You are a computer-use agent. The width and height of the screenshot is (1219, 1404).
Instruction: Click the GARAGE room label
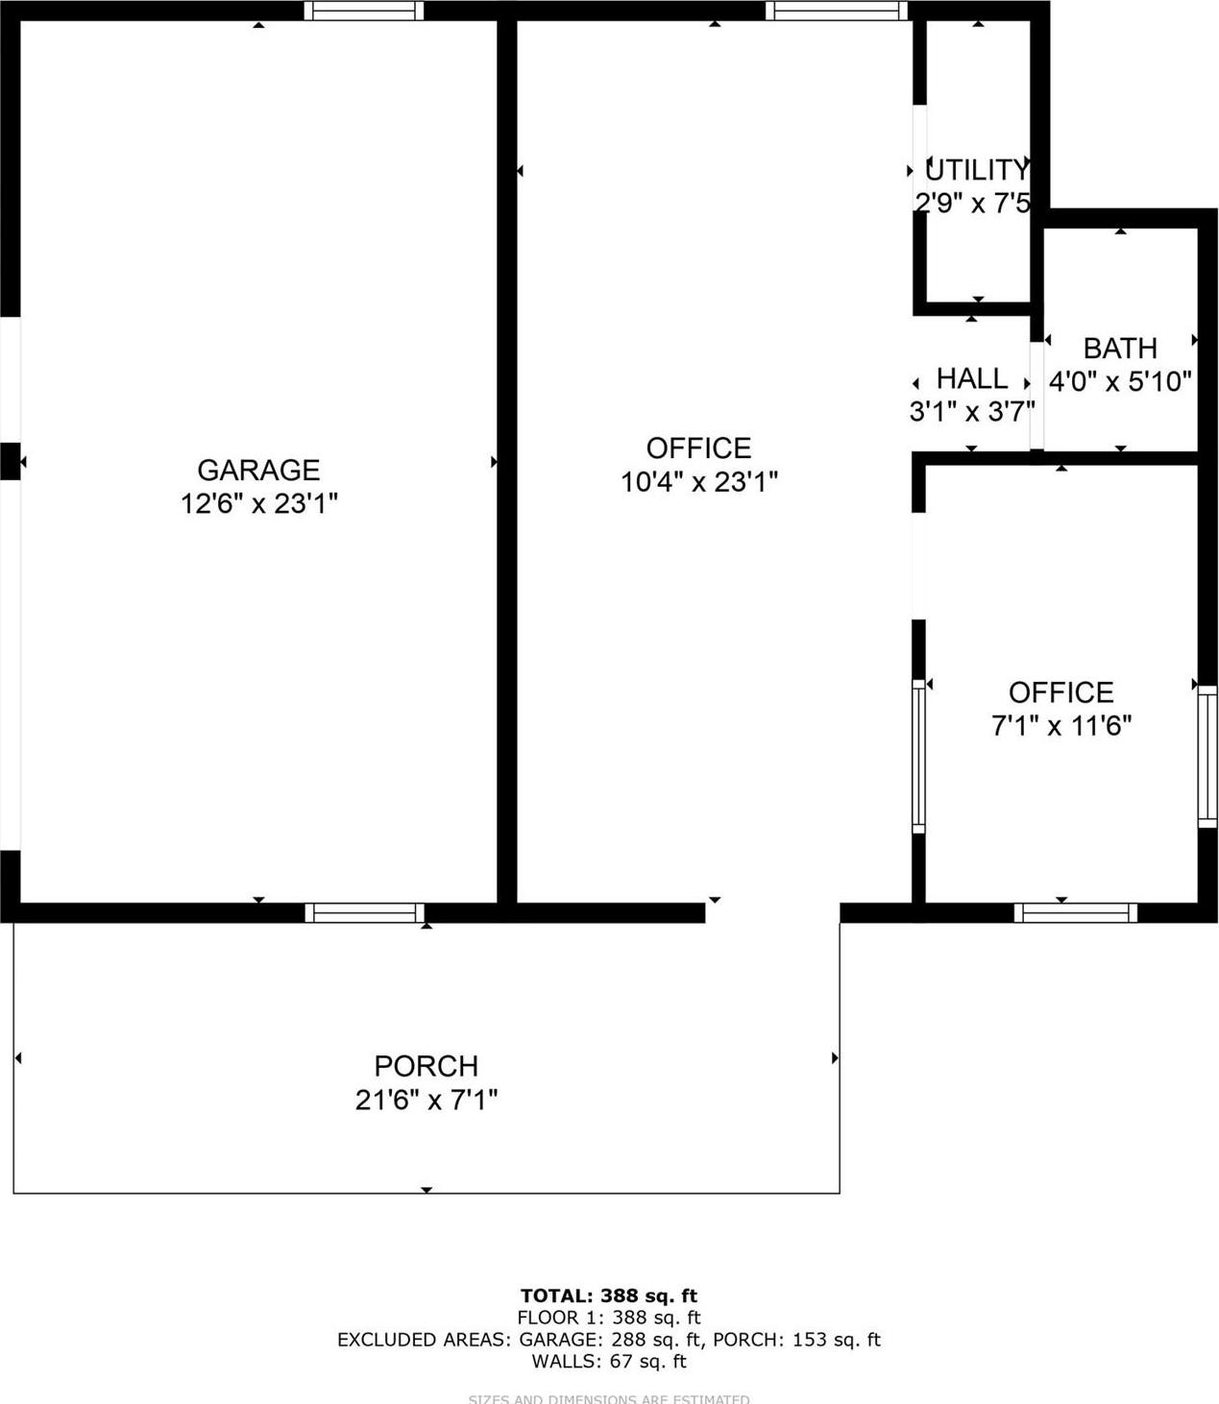257,470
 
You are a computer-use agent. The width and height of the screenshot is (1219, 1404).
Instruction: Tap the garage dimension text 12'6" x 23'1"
258,502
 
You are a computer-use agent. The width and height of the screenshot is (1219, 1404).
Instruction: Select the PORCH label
426,1066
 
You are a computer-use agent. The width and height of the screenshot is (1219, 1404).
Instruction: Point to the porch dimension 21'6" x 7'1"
426,1100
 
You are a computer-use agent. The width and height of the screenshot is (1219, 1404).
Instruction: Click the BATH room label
1120,348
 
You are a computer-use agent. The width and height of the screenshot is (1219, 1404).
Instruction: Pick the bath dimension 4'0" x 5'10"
1120,381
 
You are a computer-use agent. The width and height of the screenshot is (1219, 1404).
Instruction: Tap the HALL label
972,377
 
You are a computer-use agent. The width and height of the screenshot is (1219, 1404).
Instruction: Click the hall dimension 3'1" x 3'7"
972,411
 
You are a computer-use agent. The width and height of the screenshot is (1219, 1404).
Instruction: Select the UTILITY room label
976,170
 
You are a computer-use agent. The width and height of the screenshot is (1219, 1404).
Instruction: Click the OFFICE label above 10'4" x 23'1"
698,448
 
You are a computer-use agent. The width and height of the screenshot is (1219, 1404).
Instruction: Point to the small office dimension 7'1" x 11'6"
1061,725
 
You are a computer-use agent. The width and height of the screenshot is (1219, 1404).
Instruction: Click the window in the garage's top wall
364,11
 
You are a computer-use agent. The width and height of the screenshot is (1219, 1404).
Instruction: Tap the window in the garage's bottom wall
365,912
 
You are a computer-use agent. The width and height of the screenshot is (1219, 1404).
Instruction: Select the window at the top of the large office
836,11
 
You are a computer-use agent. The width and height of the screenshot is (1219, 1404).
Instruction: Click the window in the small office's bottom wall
1076,912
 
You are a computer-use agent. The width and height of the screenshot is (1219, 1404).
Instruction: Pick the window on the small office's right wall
1207,756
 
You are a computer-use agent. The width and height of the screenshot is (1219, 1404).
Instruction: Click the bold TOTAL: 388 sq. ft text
609,1295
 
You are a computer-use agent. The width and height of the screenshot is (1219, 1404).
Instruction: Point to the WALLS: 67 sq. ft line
609,1361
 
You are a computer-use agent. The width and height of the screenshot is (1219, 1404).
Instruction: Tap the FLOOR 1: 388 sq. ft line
609,1318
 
